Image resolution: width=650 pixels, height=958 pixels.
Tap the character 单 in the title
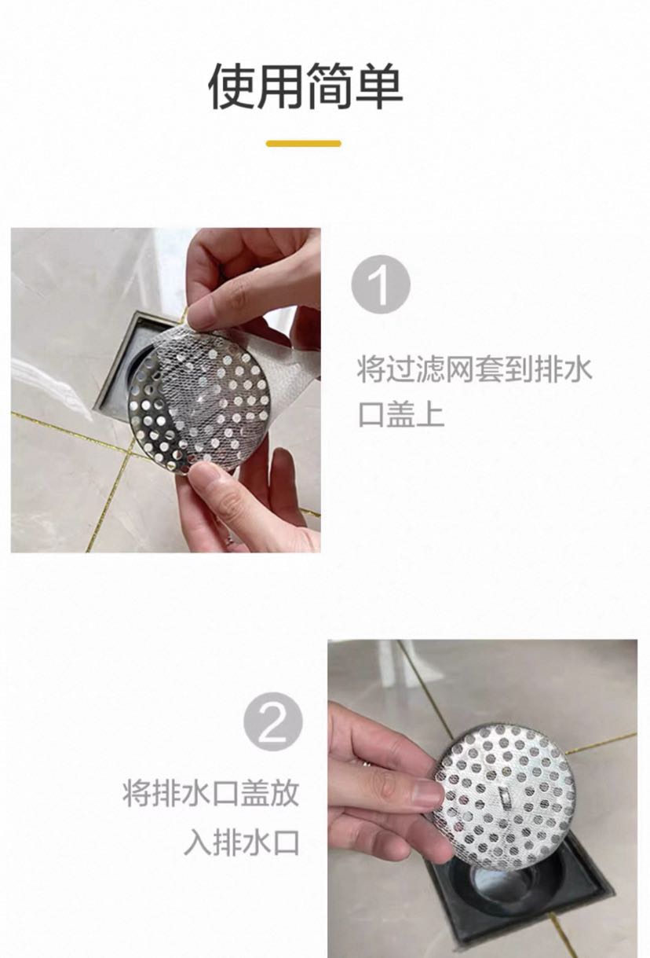click(x=379, y=86)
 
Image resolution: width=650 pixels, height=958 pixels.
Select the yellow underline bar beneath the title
click(x=304, y=144)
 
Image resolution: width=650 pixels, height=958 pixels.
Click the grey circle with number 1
click(x=381, y=284)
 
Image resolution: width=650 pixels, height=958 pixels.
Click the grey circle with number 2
click(x=273, y=722)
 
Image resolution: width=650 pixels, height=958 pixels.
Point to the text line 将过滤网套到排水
click(x=474, y=369)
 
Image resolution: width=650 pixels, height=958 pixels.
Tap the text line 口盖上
click(x=401, y=414)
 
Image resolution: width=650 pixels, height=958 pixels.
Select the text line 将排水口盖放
click(x=211, y=792)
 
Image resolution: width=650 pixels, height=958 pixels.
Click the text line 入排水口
click(x=241, y=841)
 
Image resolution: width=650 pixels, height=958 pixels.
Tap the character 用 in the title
click(x=280, y=86)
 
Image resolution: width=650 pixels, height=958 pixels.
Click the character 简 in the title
click(x=330, y=86)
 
